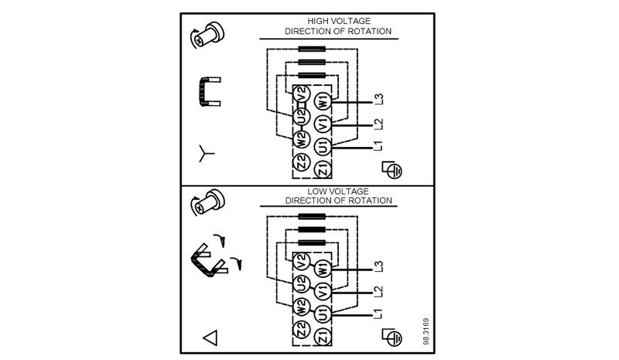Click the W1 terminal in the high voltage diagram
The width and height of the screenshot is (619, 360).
pos(324,101)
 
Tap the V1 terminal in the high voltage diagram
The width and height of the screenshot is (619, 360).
pos(324,124)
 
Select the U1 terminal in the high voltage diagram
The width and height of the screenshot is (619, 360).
pos(324,146)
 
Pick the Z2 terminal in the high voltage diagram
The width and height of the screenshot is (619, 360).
pos(303,162)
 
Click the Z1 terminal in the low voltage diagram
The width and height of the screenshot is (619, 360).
pos(323,335)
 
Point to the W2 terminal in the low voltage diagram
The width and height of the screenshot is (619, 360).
pos(302,306)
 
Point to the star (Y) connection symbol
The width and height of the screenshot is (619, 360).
pos(207,153)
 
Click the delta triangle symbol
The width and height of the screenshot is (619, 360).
pos(210,338)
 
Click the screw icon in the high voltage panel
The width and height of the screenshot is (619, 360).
pos(207,35)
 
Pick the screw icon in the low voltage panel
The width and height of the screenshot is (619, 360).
pos(207,205)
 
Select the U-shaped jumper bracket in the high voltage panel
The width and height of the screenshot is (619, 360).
pos(207,91)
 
